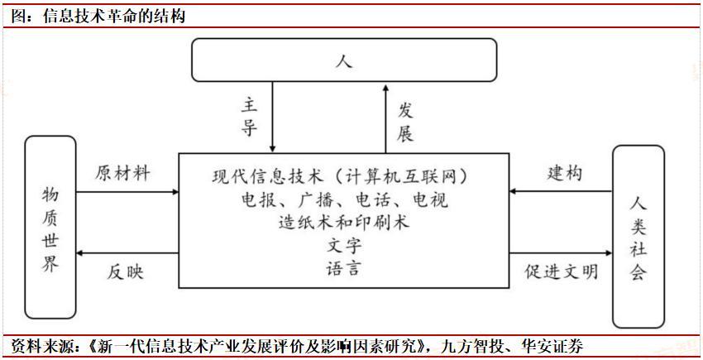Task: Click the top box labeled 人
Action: point(344,60)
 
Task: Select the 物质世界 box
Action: point(50,227)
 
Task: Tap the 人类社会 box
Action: point(638,236)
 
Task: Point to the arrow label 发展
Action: point(405,122)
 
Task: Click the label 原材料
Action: point(122,173)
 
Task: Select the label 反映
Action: point(125,272)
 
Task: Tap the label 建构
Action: point(564,173)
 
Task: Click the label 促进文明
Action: point(562,271)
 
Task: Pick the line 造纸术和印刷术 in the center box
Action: point(344,222)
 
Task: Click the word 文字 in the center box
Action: point(344,245)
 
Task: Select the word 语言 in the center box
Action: point(344,268)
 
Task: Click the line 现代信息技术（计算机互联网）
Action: point(341,176)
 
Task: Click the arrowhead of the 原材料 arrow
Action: point(175,192)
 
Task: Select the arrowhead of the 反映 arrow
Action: point(79,253)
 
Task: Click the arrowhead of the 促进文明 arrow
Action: point(609,253)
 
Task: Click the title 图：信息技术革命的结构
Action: point(98,17)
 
